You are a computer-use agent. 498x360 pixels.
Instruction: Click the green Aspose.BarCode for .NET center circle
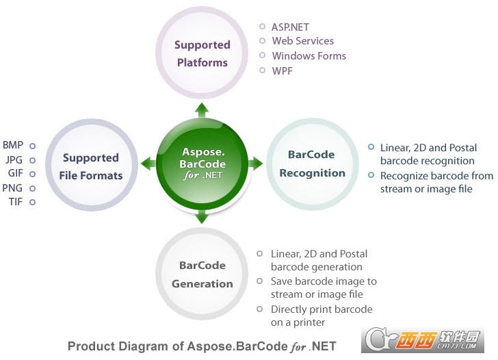(201, 163)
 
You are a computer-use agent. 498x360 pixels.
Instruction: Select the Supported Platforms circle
(202, 53)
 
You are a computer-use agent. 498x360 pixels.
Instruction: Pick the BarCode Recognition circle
(311, 164)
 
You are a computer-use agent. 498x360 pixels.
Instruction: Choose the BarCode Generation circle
(202, 274)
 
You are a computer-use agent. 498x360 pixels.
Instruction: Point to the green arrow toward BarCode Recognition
(255, 164)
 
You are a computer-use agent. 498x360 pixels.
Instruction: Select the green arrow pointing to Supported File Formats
(147, 164)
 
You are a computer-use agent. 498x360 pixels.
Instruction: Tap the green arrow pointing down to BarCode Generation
(202, 218)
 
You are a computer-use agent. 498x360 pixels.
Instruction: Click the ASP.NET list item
(291, 27)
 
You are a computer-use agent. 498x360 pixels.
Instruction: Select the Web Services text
(302, 42)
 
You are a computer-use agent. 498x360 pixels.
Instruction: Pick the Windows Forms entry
(309, 56)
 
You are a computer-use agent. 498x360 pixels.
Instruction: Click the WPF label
(282, 70)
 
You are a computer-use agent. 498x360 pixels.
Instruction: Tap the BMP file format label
(12, 145)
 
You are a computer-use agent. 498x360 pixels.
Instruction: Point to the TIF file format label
(15, 202)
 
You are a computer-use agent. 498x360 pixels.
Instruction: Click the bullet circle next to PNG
(32, 188)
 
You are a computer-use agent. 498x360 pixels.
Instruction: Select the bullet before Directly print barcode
(260, 309)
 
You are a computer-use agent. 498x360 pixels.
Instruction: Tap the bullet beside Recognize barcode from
(371, 175)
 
